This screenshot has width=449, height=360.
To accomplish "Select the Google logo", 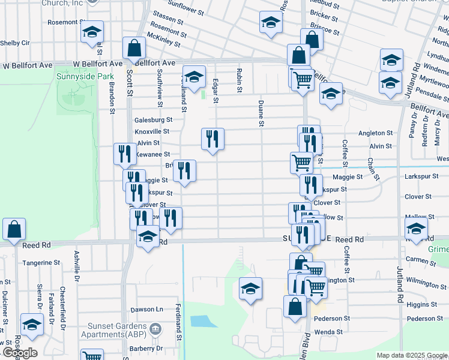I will pos(19,353).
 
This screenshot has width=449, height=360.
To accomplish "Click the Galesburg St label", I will pos(153,120).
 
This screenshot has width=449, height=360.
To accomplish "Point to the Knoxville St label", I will pos(152,131).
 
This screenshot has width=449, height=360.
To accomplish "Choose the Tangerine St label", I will pos(41,263).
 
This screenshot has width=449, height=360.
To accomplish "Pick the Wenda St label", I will pos(330,332).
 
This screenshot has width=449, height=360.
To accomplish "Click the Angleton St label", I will pos(375,133).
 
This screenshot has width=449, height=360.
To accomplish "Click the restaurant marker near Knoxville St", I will pos(212,139).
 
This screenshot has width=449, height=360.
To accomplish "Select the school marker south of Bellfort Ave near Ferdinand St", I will pos(194,76).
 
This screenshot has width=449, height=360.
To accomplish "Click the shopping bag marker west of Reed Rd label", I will pos(14,229).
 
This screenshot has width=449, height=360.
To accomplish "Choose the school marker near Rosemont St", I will pos(92,32).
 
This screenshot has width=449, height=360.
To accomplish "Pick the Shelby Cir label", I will pos(15,43).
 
